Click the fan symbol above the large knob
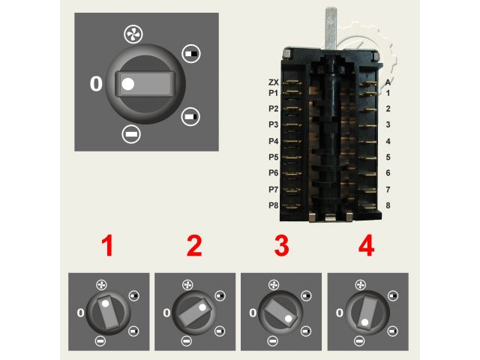[x=133, y=34]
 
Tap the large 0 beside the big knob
[x=96, y=83]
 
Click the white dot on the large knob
[x=128, y=84]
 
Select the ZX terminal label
[x=274, y=82]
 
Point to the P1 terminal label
[x=273, y=93]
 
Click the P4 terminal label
[x=273, y=141]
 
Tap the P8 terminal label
[x=273, y=205]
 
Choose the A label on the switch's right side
[x=388, y=82]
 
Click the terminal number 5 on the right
[x=388, y=157]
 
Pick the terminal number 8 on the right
[x=388, y=205]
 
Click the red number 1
[x=107, y=245]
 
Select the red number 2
[x=194, y=245]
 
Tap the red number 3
[x=282, y=245]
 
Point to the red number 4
[x=367, y=245]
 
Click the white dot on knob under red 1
[x=105, y=304]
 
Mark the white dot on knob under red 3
[x=288, y=319]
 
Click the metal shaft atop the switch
[x=331, y=28]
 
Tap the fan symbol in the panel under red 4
[x=361, y=285]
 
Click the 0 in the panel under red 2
[x=166, y=313]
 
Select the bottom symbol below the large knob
[x=131, y=134]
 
